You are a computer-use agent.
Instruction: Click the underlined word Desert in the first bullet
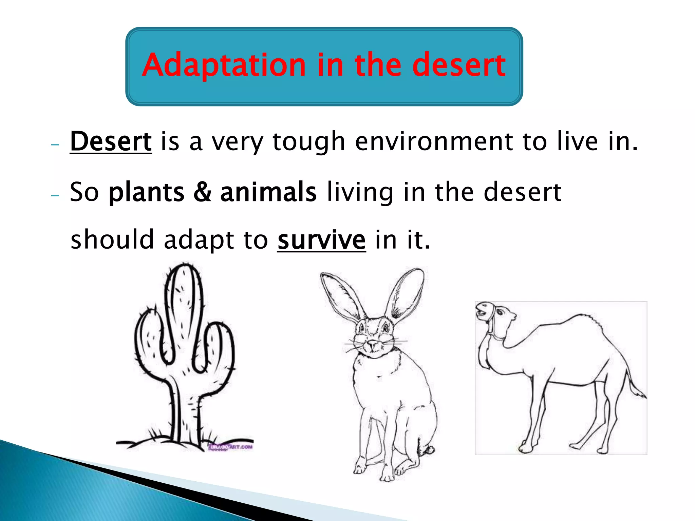click(111, 141)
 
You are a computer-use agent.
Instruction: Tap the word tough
click(308, 142)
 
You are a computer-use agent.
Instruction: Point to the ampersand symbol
click(202, 192)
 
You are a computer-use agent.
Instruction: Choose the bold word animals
click(268, 192)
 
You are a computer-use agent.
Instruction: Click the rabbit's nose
click(373, 344)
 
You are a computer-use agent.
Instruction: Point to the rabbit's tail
click(430, 450)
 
